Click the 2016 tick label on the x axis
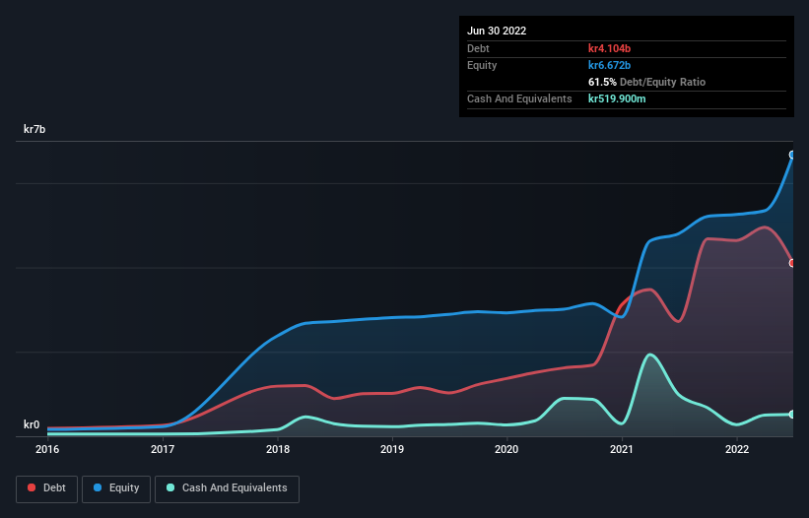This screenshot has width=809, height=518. click(47, 449)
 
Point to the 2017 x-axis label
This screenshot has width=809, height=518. click(163, 449)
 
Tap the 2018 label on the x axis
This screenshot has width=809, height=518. click(278, 449)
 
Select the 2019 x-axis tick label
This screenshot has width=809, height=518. click(392, 449)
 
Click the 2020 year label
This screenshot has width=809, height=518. click(506, 449)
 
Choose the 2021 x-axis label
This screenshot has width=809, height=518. click(622, 449)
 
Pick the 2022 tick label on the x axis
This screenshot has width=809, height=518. click(736, 449)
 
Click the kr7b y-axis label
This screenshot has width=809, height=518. click(34, 129)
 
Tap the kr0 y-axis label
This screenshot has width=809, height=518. click(32, 425)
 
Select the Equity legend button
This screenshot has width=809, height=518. click(117, 487)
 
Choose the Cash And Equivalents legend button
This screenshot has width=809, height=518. click(227, 487)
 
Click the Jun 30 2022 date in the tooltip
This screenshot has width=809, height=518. click(497, 31)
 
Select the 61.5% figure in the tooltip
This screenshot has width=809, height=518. click(603, 82)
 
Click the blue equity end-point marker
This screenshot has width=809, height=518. click(792, 155)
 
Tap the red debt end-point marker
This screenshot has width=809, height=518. click(792, 263)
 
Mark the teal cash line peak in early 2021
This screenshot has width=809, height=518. click(649, 355)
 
